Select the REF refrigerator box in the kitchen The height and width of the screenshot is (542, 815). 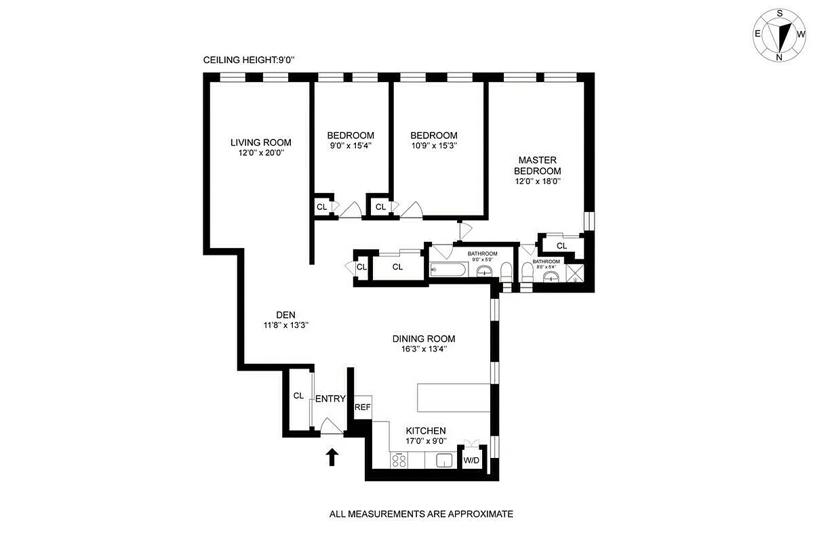pos(363,407)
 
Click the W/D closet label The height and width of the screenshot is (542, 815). pos(471,461)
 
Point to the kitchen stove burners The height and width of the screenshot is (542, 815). pos(399,461)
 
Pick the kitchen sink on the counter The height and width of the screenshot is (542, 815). pos(444,461)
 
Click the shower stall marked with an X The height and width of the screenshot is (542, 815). pos(574,274)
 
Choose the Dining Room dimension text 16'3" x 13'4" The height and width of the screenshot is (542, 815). pos(423,350)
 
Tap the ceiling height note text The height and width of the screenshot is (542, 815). pos(249,60)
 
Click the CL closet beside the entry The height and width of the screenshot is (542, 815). pos(298,396)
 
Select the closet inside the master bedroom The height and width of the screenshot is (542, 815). pos(561,245)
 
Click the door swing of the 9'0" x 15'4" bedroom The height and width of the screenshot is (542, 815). pos(350,211)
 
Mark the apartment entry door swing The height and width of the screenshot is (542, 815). pos(330,427)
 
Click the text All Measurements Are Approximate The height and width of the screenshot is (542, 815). pos(421,514)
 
